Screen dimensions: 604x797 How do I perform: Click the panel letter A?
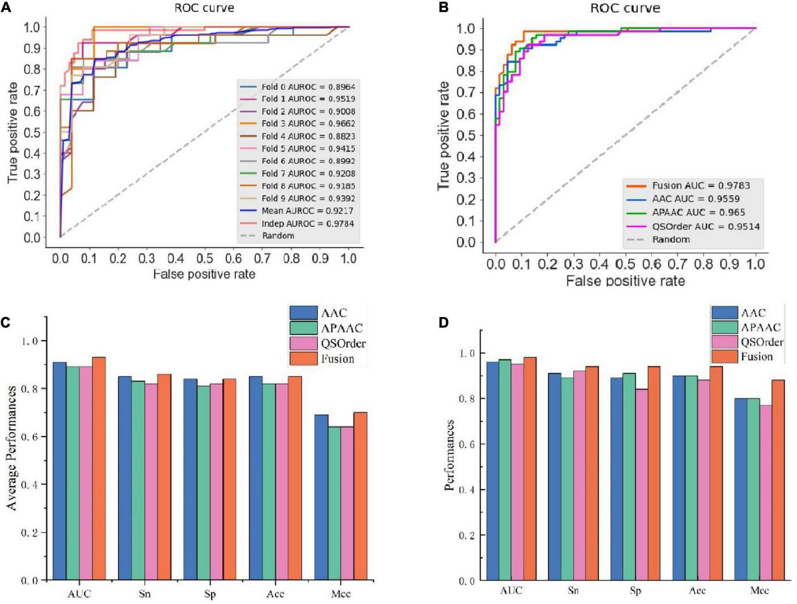point(6,8)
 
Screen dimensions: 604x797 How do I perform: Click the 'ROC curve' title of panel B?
point(625,8)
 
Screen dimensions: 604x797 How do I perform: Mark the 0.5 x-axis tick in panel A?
point(205,258)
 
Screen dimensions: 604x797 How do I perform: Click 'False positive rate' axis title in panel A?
point(204,274)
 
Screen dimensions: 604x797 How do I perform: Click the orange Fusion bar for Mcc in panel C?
point(360,496)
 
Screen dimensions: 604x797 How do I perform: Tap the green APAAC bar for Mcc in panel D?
point(753,489)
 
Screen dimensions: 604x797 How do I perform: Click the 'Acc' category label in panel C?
point(275,594)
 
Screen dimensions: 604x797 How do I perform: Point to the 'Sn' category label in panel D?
point(573,591)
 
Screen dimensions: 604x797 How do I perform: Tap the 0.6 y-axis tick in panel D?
point(466,444)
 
